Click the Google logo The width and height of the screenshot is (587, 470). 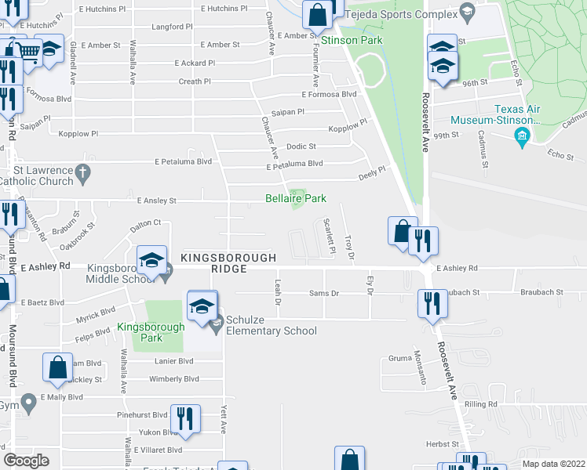click(27, 460)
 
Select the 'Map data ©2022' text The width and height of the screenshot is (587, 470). click(552, 464)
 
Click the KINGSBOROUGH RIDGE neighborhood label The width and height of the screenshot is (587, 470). click(228, 262)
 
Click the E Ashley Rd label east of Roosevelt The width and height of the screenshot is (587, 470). click(457, 268)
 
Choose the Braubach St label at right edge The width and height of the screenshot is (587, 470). click(541, 292)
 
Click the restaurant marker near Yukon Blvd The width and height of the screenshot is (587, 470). click(184, 417)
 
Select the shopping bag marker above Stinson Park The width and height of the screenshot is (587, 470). click(317, 14)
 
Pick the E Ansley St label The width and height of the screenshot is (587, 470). click(158, 201)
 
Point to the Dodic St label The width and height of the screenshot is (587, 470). click(301, 146)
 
